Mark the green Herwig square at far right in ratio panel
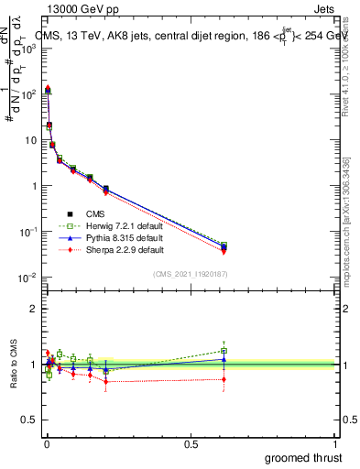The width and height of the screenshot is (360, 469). [x=224, y=351]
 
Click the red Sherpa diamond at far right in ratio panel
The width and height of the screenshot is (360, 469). [x=224, y=378]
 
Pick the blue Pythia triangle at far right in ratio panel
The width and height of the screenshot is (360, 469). [x=224, y=358]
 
